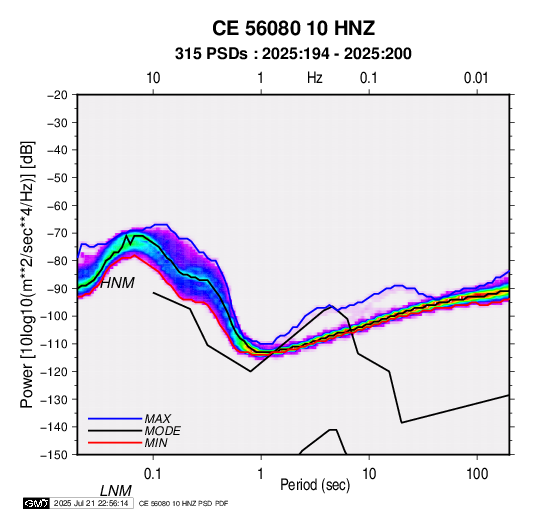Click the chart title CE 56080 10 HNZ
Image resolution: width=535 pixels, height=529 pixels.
(x=293, y=28)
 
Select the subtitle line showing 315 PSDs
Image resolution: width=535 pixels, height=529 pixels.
(x=293, y=54)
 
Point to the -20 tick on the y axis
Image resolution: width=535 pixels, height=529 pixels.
(x=57, y=95)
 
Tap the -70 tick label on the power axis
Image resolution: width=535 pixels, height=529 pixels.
(x=57, y=233)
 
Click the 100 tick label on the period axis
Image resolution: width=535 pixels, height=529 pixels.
(x=477, y=474)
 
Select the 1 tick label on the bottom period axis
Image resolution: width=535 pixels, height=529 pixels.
(x=261, y=474)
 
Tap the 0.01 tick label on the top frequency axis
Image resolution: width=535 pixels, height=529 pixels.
(x=476, y=78)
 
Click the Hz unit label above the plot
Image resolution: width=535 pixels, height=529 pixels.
(x=315, y=78)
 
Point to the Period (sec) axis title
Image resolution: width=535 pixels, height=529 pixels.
(x=315, y=485)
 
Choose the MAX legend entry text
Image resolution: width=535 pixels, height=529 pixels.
(x=157, y=419)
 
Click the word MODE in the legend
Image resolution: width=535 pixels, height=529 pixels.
(x=162, y=431)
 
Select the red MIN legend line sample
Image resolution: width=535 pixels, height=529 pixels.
(x=115, y=443)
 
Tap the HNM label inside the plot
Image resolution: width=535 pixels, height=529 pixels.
(x=117, y=283)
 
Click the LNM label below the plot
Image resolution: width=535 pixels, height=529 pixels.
(x=115, y=491)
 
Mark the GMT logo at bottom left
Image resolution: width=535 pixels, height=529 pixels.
(x=36, y=503)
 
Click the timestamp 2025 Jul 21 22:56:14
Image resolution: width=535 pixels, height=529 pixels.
(x=91, y=503)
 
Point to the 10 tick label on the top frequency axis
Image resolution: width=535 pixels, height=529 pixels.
(x=153, y=78)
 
